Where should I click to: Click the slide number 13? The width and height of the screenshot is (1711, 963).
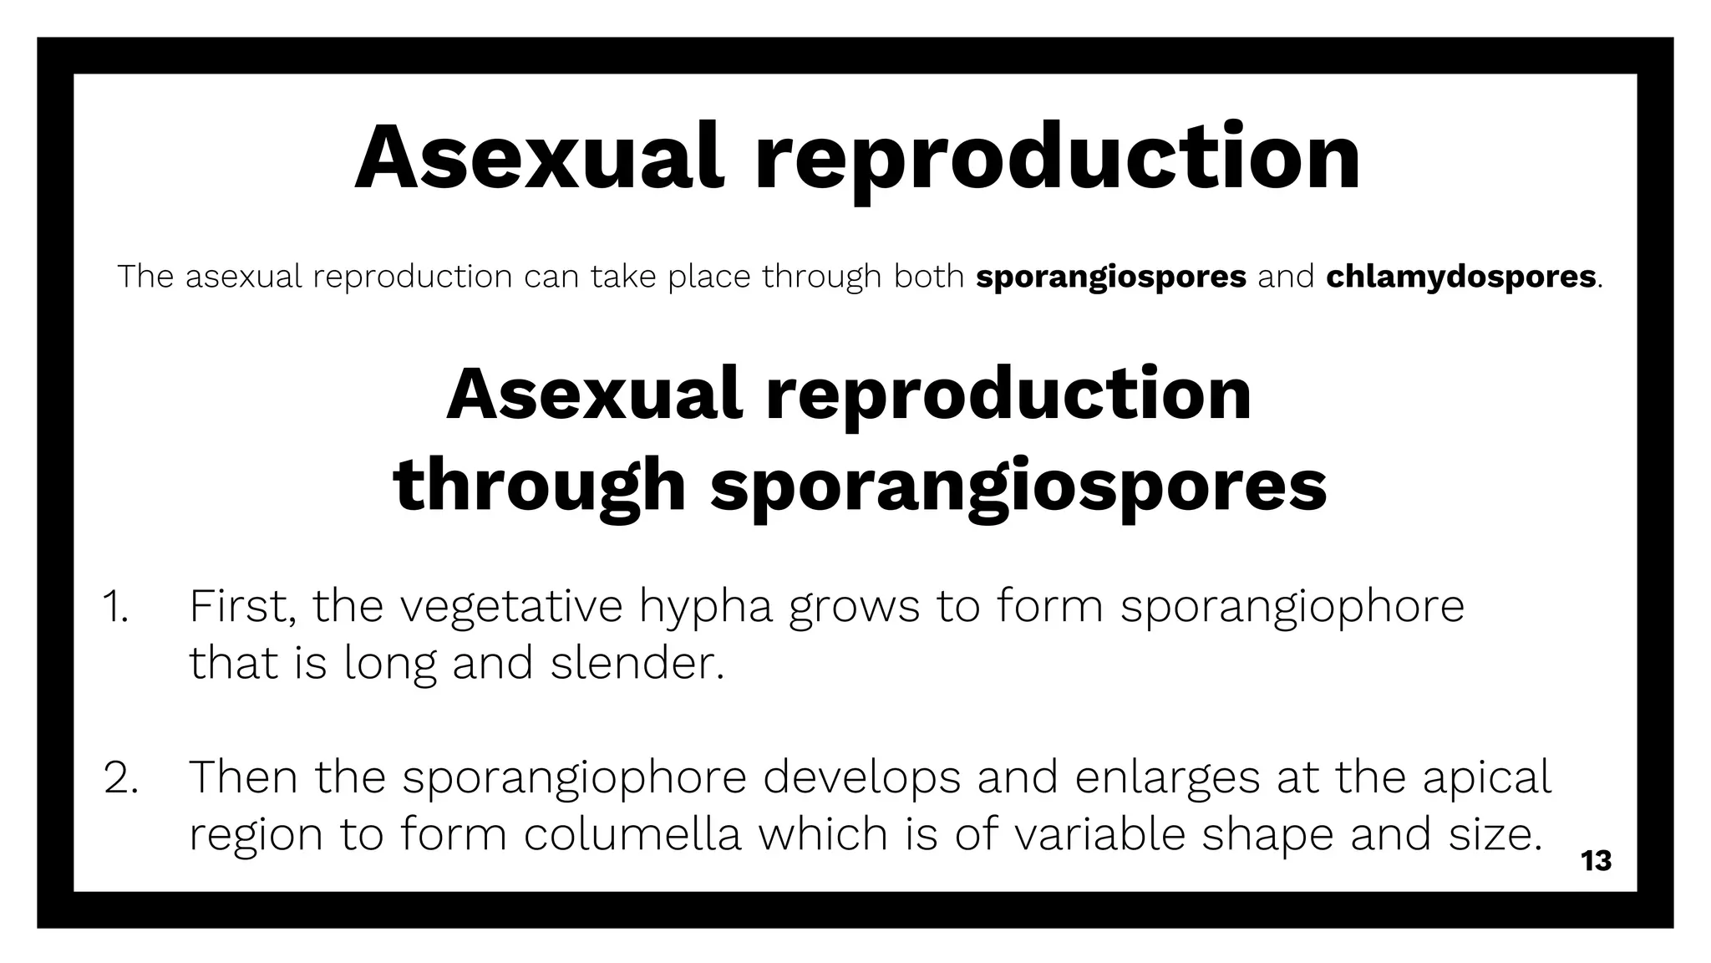tap(1596, 860)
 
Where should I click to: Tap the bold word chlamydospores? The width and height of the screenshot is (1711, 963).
tap(1460, 277)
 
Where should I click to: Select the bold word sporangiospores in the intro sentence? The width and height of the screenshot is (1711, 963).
tap(1110, 277)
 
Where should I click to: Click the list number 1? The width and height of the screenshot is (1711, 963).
tap(115, 607)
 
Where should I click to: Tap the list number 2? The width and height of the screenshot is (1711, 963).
tap(121, 777)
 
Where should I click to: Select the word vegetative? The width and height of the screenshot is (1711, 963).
tap(511, 607)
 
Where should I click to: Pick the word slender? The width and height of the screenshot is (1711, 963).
tap(637, 664)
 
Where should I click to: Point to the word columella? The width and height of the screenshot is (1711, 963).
tap(632, 834)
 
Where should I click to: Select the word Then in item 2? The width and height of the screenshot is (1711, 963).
tap(243, 777)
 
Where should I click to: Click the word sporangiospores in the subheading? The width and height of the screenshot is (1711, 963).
tap(1018, 487)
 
